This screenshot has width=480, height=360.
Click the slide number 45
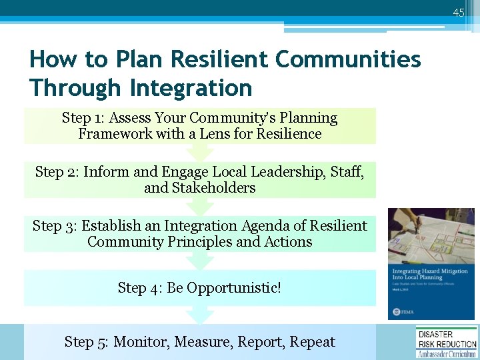[458, 13]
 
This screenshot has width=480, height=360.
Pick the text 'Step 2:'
[57, 172]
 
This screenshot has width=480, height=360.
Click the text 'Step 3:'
[55, 226]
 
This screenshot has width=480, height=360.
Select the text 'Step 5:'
[87, 342]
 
